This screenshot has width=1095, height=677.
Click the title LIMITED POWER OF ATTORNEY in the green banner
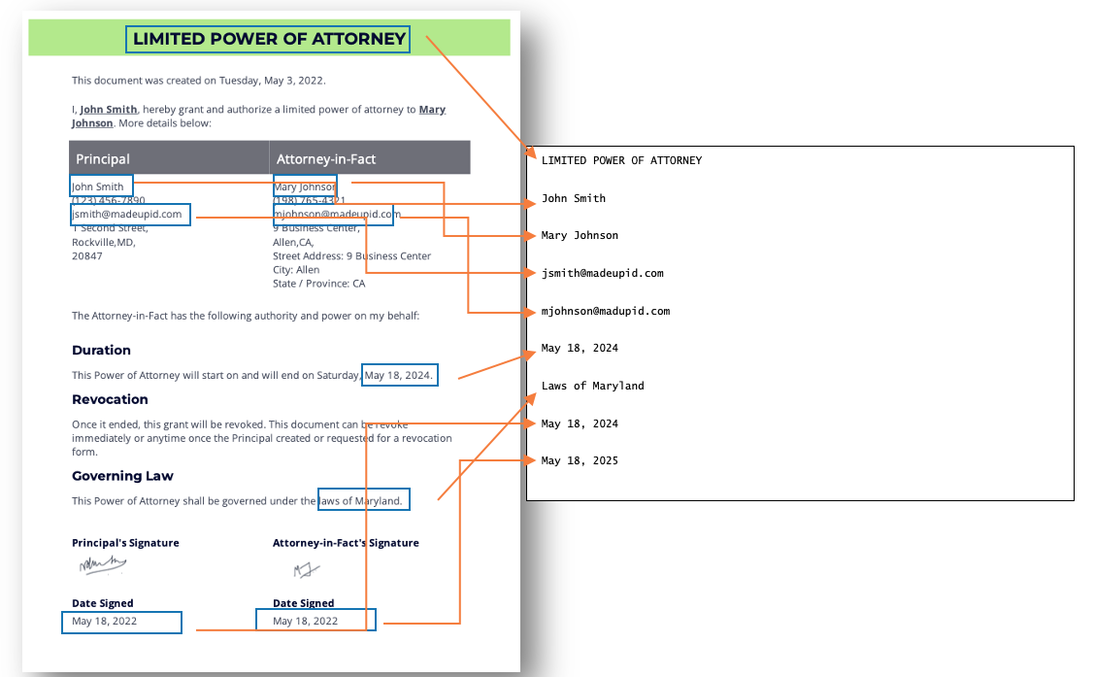[269, 39]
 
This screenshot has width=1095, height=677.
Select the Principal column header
[103, 158]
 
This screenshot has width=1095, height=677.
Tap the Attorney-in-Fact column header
[326, 158]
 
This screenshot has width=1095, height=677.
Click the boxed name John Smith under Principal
[99, 186]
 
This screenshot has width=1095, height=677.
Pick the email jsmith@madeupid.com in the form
[127, 214]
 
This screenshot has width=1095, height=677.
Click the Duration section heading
[101, 350]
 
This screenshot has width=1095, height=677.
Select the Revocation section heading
[110, 399]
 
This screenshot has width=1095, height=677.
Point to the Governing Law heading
[122, 476]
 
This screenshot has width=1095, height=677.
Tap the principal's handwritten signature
[103, 564]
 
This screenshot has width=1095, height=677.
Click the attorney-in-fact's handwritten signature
[307, 569]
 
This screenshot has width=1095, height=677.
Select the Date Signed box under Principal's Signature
[121, 622]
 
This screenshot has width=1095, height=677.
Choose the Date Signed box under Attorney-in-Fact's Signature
[315, 620]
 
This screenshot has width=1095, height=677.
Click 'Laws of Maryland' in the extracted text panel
[592, 386]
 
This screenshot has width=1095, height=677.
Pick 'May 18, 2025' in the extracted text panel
[580, 460]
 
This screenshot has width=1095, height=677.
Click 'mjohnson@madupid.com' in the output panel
[606, 311]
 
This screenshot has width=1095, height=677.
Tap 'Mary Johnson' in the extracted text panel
[580, 235]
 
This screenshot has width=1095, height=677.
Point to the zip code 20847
[87, 256]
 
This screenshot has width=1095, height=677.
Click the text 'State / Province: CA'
[319, 284]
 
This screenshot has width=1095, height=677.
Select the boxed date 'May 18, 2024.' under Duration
[399, 375]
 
